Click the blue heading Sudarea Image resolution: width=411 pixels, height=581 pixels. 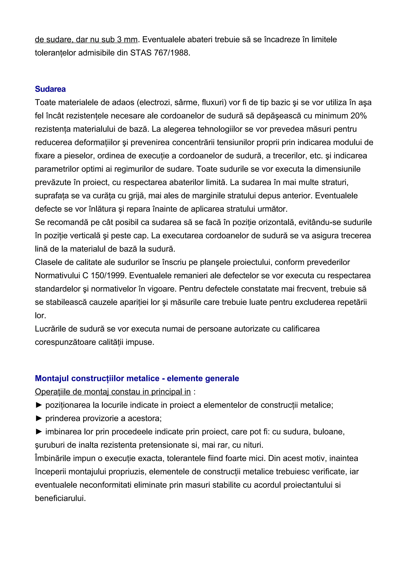click(x=50, y=89)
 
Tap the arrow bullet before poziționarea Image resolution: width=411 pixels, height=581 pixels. click(x=39, y=405)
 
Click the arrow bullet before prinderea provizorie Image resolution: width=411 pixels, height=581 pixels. click(x=39, y=418)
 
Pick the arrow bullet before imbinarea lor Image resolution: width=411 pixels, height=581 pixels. click(x=39, y=432)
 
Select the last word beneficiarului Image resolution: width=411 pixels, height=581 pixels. click(x=60, y=498)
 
